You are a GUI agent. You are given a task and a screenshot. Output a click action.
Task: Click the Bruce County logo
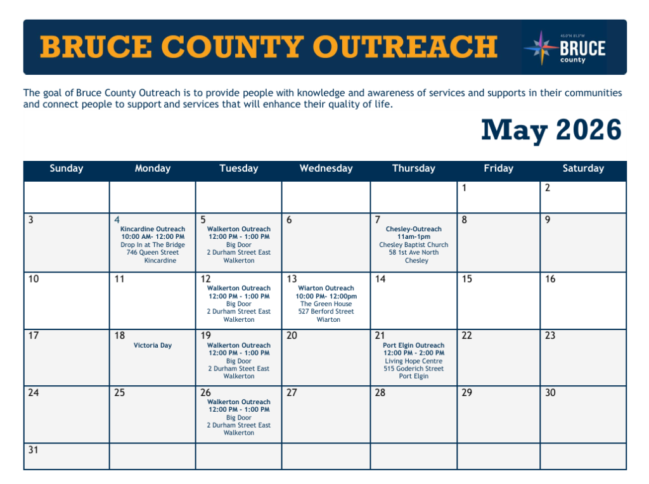565,48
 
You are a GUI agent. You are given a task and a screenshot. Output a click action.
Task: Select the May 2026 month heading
551,130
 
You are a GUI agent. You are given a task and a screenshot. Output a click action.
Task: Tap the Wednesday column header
326,169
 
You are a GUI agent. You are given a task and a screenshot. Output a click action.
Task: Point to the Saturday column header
583,169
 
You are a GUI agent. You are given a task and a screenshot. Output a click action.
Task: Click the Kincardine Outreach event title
153,229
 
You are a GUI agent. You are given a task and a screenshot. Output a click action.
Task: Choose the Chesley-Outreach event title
413,229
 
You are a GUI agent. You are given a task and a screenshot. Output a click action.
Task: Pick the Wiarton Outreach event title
326,288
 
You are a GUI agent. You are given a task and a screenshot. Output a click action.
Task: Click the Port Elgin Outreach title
413,345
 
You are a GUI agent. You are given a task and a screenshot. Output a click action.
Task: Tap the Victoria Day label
152,345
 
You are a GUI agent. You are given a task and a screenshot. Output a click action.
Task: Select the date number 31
33,450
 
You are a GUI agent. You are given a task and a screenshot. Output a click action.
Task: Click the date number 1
464,188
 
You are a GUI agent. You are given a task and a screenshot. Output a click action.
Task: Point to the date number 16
550,279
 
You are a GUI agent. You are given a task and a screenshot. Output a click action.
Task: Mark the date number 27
292,392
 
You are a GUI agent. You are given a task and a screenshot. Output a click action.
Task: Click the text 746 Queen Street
153,252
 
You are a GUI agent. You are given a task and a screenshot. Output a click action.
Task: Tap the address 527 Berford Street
326,312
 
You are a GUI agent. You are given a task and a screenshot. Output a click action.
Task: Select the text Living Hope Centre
413,360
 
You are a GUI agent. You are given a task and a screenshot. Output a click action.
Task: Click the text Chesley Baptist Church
413,245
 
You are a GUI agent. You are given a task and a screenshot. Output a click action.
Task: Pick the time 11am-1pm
413,237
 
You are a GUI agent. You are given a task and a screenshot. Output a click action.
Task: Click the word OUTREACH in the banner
405,46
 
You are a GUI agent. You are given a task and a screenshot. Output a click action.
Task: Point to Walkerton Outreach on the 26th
239,402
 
